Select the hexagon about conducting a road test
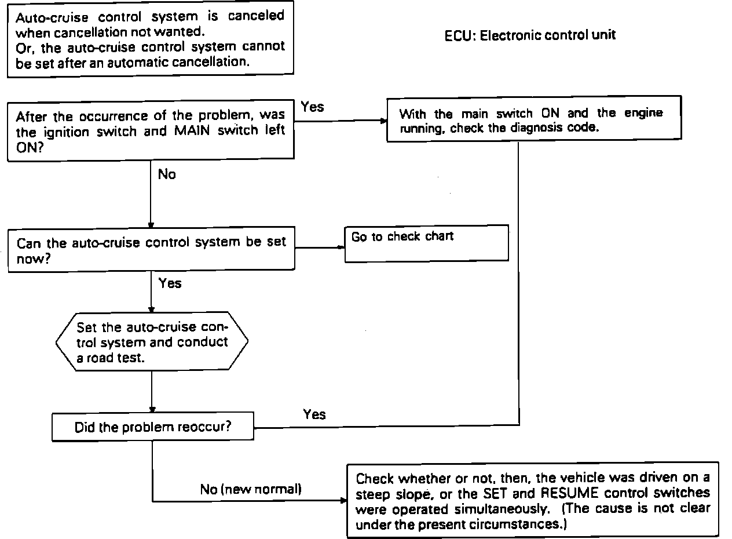152,342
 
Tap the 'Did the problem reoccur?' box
153,427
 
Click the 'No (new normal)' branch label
251,489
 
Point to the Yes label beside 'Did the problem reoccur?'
314,414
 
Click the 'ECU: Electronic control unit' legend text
530,35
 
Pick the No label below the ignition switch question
167,174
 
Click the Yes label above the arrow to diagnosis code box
313,107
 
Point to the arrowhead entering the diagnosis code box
383,121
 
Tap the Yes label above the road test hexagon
170,283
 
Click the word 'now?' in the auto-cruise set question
33,258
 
